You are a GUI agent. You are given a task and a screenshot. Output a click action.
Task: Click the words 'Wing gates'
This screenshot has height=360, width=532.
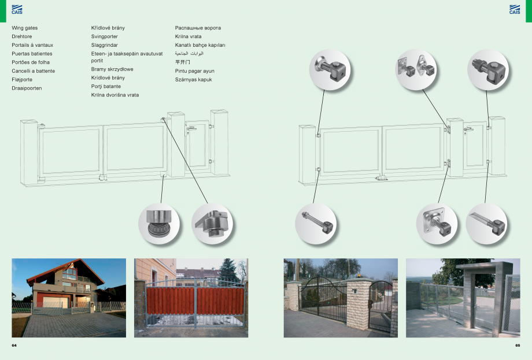click(25, 28)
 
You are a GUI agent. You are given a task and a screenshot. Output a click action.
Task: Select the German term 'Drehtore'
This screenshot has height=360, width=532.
click(22, 36)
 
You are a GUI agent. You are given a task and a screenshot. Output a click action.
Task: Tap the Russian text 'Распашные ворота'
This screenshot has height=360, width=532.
click(198, 28)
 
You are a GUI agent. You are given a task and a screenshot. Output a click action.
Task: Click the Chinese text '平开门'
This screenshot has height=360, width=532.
click(182, 62)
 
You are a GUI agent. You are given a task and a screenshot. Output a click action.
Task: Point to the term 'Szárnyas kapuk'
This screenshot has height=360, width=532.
click(193, 80)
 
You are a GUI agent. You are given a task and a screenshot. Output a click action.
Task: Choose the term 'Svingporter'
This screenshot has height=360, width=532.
click(105, 36)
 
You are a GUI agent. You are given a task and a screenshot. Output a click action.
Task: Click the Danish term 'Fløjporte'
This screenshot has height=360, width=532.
click(22, 80)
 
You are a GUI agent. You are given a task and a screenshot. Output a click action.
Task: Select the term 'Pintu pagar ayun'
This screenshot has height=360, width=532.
click(194, 71)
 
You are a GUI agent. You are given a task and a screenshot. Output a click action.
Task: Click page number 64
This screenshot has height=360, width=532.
click(14, 345)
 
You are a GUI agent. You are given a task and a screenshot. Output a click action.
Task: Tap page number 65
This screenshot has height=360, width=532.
click(518, 345)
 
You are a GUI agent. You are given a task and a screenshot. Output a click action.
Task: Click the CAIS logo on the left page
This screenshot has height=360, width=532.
click(17, 9)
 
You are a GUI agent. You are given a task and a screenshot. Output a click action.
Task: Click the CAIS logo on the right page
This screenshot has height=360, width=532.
click(515, 9)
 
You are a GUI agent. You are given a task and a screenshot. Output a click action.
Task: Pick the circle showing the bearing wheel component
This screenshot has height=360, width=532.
click(160, 223)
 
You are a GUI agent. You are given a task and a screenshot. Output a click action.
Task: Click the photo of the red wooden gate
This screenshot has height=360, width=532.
click(191, 298)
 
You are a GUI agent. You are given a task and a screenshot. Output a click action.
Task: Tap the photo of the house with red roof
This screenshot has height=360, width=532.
click(69, 298)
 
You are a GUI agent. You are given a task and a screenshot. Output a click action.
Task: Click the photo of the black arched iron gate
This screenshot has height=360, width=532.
click(341, 298)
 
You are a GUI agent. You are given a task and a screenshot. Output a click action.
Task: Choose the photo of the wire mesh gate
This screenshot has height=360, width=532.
click(463, 298)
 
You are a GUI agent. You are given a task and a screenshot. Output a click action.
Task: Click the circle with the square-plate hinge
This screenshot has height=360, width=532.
click(437, 224)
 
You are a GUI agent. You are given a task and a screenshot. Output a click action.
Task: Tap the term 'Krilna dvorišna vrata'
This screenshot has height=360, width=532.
click(115, 95)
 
